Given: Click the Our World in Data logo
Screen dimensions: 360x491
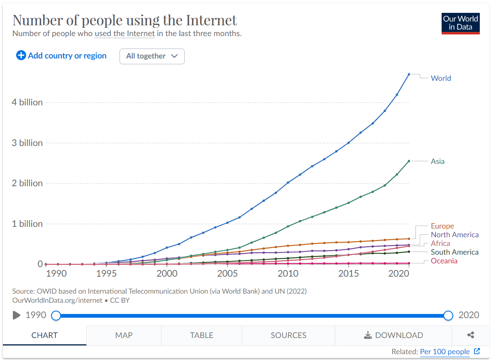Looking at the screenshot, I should point(460,23).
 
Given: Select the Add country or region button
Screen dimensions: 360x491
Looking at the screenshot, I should point(61,56).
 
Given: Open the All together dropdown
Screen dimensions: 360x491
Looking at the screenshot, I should point(152,56).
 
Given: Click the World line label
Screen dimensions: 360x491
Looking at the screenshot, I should point(441,78).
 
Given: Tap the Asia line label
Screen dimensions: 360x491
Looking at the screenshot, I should point(437,161).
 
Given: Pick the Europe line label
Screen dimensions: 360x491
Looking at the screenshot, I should point(442,226).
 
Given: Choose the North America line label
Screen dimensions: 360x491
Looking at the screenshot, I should point(454,235).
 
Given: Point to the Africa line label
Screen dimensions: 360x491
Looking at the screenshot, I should point(440,243).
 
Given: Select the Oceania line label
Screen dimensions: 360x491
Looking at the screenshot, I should point(444,261).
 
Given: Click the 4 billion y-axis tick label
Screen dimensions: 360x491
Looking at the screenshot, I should point(27,102).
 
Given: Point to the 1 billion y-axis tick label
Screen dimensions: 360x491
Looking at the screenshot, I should point(27,224).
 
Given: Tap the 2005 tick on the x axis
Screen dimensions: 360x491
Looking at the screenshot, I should point(227,274).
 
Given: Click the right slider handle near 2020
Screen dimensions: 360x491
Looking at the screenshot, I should point(448,316).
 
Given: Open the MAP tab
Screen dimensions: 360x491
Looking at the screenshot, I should point(124,336).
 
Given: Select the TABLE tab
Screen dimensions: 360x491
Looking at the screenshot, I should point(201,336).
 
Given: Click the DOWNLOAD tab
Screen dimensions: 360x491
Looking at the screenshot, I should point(393,336).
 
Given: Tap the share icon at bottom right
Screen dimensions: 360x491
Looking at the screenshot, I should point(471,336).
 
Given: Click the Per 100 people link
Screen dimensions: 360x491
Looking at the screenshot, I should point(445,352).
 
